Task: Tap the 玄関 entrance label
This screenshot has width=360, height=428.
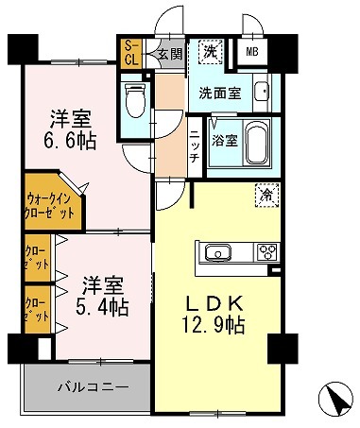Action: point(169,54)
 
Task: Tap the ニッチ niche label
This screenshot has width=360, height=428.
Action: point(194,146)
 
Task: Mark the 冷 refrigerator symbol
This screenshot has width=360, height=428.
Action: point(266,197)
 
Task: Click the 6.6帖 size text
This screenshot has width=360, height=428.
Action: point(72,140)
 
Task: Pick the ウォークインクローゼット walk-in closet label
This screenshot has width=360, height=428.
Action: point(45,205)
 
